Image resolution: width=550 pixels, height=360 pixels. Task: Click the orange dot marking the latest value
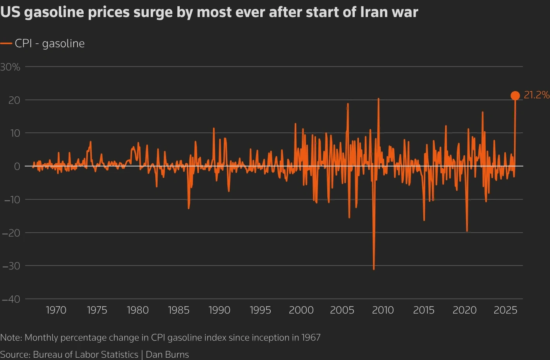click(x=515, y=96)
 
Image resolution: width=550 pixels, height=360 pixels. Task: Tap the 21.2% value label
click(x=536, y=95)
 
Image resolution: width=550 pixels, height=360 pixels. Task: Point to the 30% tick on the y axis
click(x=10, y=67)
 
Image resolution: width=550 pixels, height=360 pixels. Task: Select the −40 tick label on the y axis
click(x=11, y=299)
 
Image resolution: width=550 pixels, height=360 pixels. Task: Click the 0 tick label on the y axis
click(x=17, y=166)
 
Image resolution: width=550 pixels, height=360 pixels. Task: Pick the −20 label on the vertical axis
click(x=11, y=233)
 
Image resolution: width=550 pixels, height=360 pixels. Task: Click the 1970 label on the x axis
click(x=56, y=310)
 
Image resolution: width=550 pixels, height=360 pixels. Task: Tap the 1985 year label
click(x=179, y=310)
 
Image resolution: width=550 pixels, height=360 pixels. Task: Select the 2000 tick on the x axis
click(x=301, y=310)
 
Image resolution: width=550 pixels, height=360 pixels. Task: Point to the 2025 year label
click(x=505, y=310)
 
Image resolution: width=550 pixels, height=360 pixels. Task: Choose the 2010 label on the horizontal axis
click(x=383, y=310)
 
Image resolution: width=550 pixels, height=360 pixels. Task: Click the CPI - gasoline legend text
click(x=50, y=43)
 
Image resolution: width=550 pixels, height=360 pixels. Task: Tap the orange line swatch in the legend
click(x=6, y=44)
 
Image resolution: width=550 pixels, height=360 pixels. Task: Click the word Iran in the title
click(x=372, y=12)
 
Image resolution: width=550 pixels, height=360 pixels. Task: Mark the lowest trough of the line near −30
click(x=374, y=269)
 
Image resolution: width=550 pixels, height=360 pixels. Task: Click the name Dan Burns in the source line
click(x=167, y=354)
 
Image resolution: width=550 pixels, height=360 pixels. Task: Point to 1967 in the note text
click(x=311, y=338)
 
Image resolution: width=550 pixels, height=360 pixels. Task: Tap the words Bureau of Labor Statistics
click(x=85, y=354)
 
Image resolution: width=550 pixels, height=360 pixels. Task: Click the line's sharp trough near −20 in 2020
click(x=467, y=231)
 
